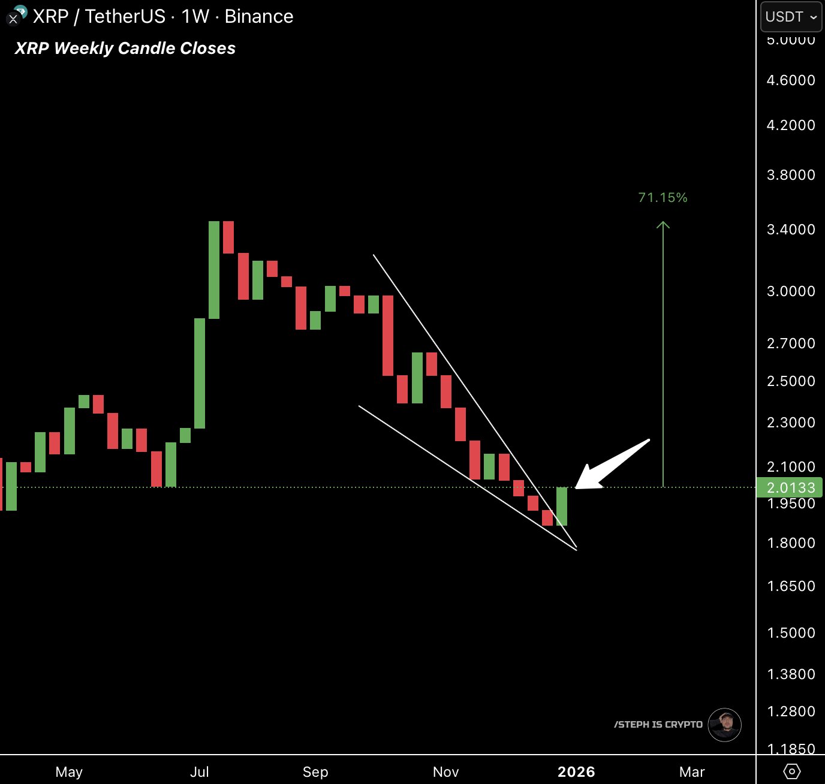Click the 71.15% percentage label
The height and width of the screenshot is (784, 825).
point(663,197)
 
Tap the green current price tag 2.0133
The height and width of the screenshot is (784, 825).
point(790,487)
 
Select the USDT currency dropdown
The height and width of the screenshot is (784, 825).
point(791,17)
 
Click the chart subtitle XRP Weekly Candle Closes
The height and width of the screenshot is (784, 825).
point(125,49)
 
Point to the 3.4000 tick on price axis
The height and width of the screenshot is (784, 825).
point(790,230)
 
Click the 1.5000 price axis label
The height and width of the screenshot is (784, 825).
point(790,633)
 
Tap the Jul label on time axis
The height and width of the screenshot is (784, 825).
point(199,771)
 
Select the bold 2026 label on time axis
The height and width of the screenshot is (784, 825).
point(576,771)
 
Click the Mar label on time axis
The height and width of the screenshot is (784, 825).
point(691,771)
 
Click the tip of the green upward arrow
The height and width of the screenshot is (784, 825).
point(663,224)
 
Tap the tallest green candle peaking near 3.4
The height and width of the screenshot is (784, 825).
point(214,270)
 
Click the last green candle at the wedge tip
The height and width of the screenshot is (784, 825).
point(562,506)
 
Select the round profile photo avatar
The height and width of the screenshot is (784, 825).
point(724,725)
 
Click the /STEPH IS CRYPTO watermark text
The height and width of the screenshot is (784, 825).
point(658,725)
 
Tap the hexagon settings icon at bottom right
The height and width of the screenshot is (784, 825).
point(791,771)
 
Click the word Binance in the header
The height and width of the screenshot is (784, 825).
point(258,17)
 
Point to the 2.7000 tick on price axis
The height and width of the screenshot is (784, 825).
point(790,343)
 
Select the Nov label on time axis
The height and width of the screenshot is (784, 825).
point(445,771)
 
